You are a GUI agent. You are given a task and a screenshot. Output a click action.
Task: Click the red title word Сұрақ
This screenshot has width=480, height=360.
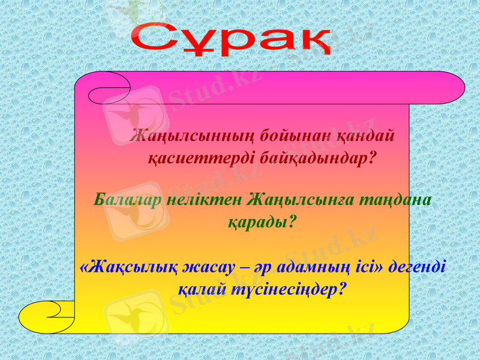tap(232, 40)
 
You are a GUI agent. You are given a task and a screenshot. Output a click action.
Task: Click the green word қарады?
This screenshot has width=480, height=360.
tap(263, 222)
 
